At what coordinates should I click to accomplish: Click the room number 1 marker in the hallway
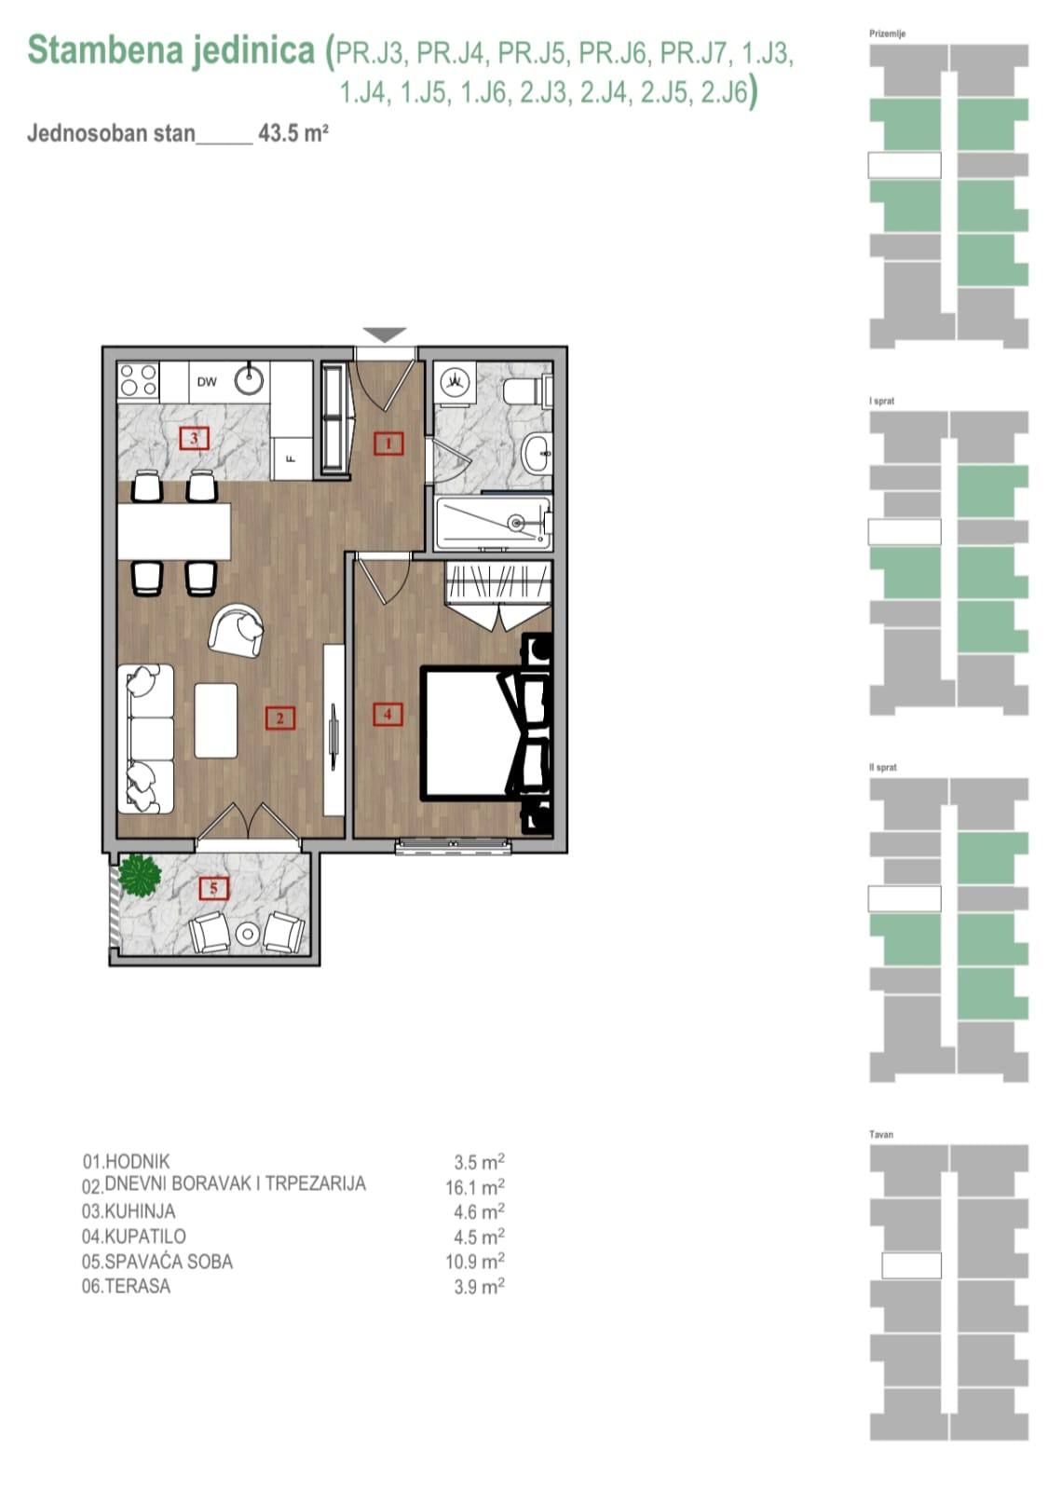388,444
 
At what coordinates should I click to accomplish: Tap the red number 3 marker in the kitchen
193,437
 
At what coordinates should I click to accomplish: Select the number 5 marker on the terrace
213,888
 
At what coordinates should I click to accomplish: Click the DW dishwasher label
207,381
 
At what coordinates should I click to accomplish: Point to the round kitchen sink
249,379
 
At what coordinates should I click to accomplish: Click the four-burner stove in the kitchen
139,381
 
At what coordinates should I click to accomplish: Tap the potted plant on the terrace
140,875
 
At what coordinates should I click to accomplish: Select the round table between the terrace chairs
247,933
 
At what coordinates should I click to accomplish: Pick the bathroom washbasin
538,455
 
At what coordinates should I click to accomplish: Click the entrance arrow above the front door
385,335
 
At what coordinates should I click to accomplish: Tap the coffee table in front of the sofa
215,720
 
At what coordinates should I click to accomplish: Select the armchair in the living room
237,630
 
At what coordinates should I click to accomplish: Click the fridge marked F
291,458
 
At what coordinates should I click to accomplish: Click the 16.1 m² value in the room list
475,1187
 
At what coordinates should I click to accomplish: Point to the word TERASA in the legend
137,1287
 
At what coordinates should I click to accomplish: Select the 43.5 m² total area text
293,132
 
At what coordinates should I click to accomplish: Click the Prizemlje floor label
887,34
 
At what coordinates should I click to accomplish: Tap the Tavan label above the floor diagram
880,1134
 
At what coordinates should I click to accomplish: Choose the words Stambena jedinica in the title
171,50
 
